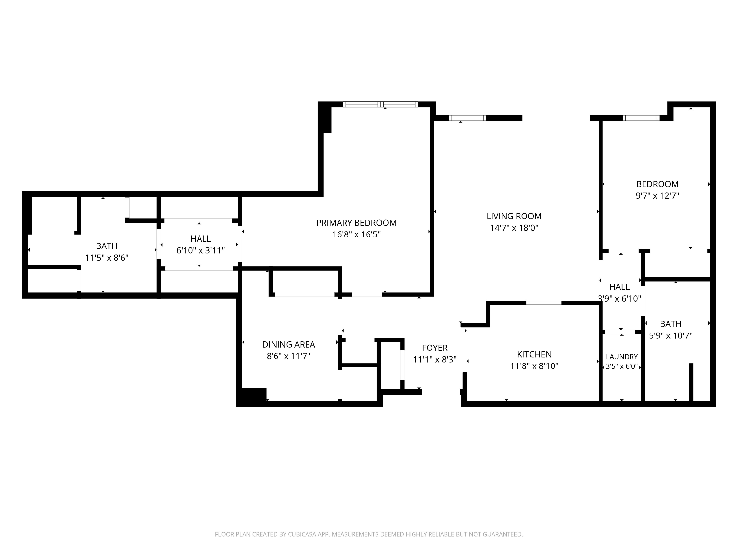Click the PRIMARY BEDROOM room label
(x=356, y=223)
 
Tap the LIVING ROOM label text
(x=514, y=216)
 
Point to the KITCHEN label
(x=534, y=354)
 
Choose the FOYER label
(x=435, y=348)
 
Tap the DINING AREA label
(x=289, y=344)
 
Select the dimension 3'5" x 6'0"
(x=622, y=366)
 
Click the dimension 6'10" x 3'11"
(x=200, y=250)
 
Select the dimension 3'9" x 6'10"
(x=619, y=298)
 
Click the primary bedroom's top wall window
(x=380, y=104)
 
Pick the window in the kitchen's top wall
(x=544, y=303)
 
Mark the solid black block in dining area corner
(x=252, y=397)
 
